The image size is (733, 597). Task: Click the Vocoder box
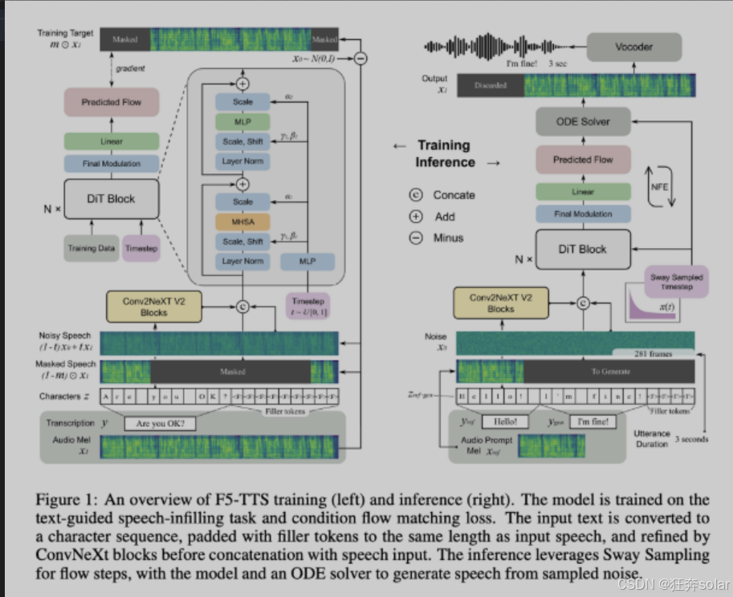pyautogui.click(x=633, y=47)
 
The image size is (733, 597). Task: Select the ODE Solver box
pyautogui.click(x=583, y=122)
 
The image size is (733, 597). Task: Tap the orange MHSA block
pyautogui.click(x=242, y=221)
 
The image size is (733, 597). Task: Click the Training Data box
pyautogui.click(x=92, y=248)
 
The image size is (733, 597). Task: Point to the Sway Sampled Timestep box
pyautogui.click(x=676, y=282)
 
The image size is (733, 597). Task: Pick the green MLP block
pyautogui.click(x=242, y=122)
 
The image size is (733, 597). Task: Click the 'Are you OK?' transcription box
pyautogui.click(x=165, y=424)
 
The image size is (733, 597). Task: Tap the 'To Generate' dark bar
pyautogui.click(x=606, y=371)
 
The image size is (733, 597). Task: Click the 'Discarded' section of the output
pyautogui.click(x=490, y=85)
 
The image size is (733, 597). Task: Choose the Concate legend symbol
pyautogui.click(x=416, y=195)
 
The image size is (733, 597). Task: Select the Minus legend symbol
pyautogui.click(x=416, y=238)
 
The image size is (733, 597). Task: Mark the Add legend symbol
pyautogui.click(x=416, y=217)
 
